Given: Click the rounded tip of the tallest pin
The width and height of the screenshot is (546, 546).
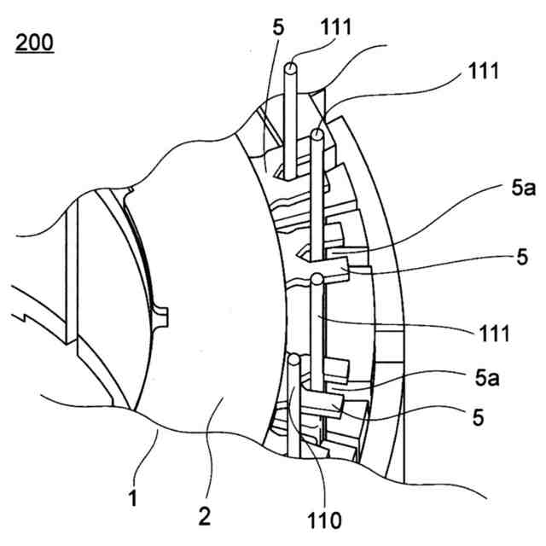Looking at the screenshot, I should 293,65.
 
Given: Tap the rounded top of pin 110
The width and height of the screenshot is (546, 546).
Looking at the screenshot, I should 293,362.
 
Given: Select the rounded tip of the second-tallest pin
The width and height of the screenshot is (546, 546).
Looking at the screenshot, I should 318,135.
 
